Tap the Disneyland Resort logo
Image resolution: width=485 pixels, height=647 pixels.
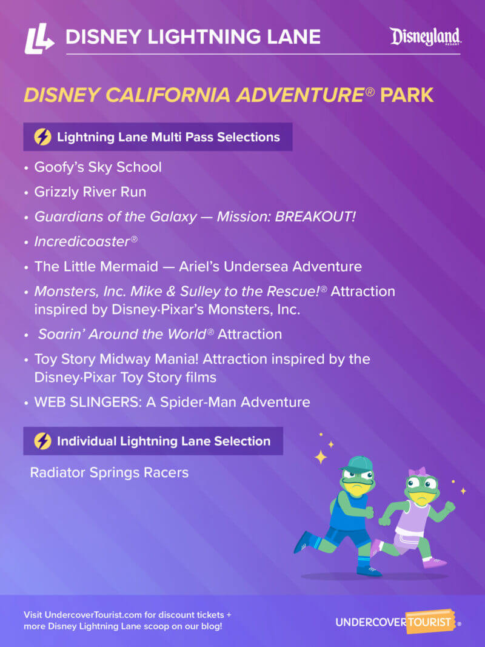coord(426,37)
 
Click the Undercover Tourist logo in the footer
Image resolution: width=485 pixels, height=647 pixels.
coord(398,623)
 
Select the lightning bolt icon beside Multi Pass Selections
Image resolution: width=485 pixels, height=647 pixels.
coord(42,137)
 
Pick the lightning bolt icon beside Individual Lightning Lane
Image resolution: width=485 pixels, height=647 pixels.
coord(42,441)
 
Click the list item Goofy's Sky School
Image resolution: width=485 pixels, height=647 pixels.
coord(98,167)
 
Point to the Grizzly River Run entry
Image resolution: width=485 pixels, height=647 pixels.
coord(90,192)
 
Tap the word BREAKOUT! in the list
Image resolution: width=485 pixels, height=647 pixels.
coord(315,216)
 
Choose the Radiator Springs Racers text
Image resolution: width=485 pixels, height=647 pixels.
coord(109,472)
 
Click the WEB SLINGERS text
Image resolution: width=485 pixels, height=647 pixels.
coord(85,401)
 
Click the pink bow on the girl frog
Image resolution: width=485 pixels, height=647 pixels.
coord(418,471)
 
